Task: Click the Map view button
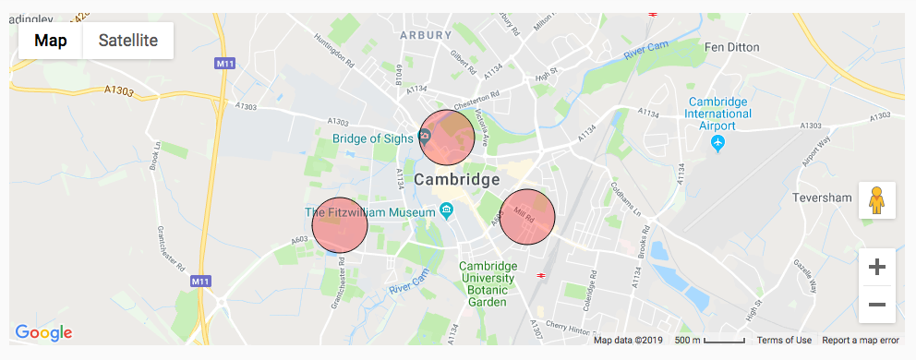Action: click(51, 41)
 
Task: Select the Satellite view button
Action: click(128, 41)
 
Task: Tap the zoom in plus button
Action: click(877, 268)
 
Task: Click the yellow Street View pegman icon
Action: click(877, 200)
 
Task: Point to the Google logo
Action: click(43, 333)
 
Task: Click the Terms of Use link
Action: click(784, 341)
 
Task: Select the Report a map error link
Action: click(861, 341)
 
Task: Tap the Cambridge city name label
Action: click(456, 179)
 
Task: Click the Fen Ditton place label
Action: click(731, 46)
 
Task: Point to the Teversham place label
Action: click(822, 198)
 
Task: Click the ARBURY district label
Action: click(426, 35)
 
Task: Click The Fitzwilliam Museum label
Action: click(369, 212)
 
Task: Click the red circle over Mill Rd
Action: click(527, 217)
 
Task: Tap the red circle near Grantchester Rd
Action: click(340, 225)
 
